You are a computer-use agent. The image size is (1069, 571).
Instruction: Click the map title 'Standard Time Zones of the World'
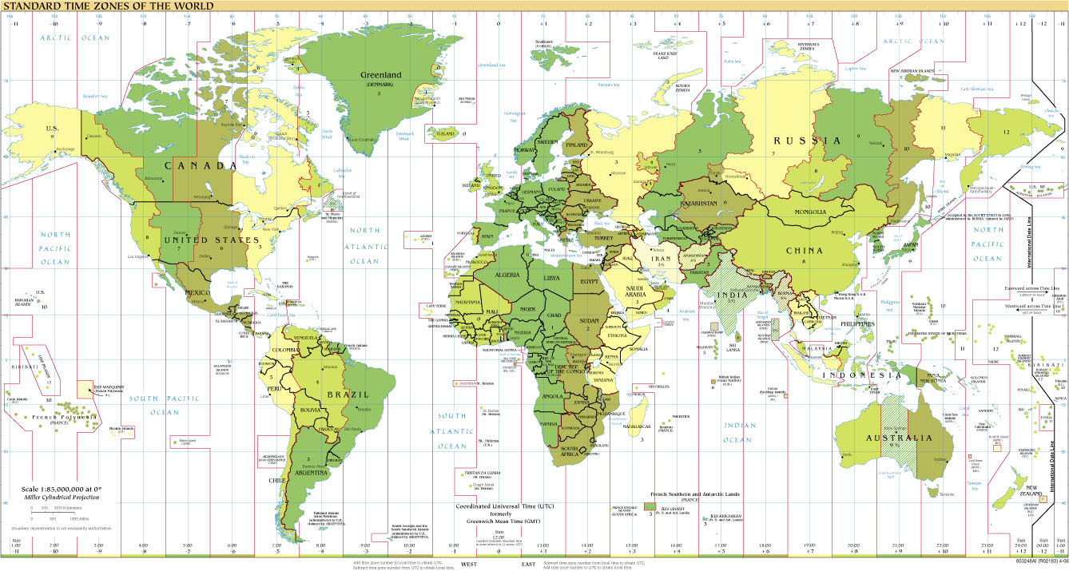point(107,6)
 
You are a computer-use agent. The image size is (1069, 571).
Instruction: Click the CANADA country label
point(201,165)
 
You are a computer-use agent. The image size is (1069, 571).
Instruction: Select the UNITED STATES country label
point(211,240)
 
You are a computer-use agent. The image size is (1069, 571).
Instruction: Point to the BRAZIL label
point(352,395)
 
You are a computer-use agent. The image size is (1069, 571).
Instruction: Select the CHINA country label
point(804,251)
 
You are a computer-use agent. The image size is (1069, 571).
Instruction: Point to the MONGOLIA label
point(815,212)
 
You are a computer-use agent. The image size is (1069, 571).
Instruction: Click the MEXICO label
point(197,292)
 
